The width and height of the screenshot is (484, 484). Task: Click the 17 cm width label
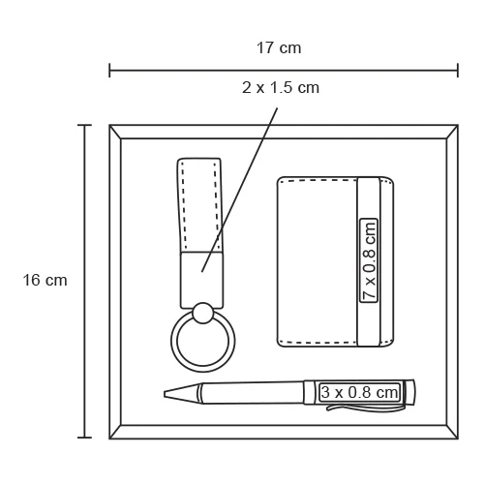(x=279, y=48)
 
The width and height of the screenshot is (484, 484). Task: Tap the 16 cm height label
(x=45, y=280)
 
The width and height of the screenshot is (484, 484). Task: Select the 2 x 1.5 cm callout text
(x=281, y=88)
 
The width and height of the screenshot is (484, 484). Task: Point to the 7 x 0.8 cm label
(x=369, y=260)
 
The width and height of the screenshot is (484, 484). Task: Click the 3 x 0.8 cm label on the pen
(x=359, y=392)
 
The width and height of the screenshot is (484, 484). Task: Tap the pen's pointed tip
(x=165, y=394)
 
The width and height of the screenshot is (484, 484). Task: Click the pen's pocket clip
(x=365, y=408)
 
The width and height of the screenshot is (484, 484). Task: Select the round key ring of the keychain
(x=203, y=370)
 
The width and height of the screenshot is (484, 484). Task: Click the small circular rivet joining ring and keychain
(x=202, y=313)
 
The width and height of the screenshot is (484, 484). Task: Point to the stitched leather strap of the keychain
(x=200, y=205)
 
